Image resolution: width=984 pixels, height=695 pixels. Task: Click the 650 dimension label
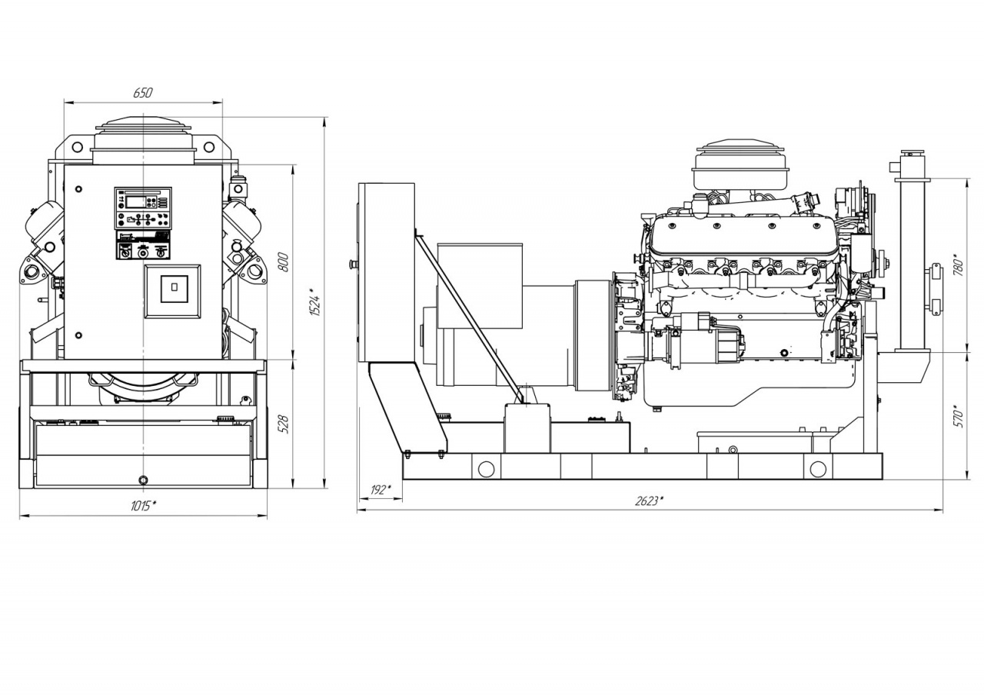(143, 93)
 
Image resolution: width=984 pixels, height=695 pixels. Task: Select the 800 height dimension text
(284, 262)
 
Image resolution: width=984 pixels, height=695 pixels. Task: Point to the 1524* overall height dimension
(315, 301)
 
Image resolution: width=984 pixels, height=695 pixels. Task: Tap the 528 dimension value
(284, 424)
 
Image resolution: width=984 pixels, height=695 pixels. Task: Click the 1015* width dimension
(144, 506)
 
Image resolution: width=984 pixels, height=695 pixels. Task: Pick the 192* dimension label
(381, 490)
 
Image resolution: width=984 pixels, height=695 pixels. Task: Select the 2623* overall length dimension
(648, 500)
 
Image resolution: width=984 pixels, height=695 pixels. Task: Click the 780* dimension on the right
(959, 264)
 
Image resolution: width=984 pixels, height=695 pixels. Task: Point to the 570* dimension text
(959, 416)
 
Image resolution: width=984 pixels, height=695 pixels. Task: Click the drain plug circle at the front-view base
(143, 480)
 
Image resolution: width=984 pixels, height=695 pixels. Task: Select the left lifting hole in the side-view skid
(486, 469)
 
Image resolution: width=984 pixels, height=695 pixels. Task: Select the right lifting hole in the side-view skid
(817, 469)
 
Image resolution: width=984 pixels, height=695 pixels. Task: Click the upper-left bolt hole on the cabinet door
(78, 189)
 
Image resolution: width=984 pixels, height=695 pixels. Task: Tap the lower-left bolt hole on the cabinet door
(78, 336)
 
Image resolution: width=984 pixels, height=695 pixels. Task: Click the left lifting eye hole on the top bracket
(77, 147)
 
